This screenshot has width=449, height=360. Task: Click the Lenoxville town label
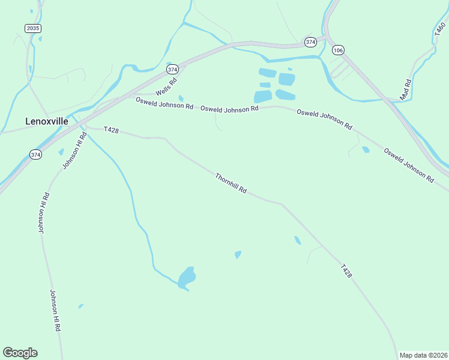[x=47, y=121]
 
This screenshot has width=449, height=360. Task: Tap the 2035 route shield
[x=32, y=28]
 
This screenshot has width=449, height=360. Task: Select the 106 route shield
[x=338, y=50]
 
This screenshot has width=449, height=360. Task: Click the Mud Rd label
[x=406, y=89]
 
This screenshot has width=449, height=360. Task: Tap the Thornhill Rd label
[x=231, y=182]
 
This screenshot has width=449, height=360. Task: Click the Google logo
[x=20, y=353]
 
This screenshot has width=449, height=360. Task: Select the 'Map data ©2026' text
[x=423, y=355]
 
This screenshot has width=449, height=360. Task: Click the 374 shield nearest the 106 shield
[x=310, y=42]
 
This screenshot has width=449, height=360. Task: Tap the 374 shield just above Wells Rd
[x=173, y=69]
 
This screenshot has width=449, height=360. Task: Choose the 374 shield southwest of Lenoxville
[x=35, y=155]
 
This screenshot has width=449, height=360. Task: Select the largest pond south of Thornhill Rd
[x=187, y=278]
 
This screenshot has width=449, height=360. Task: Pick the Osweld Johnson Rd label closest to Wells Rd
[x=164, y=103]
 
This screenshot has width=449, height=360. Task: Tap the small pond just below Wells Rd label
[x=181, y=98]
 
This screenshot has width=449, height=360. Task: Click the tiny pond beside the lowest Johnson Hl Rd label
[x=81, y=307]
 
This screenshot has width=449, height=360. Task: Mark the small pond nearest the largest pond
[x=238, y=254]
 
